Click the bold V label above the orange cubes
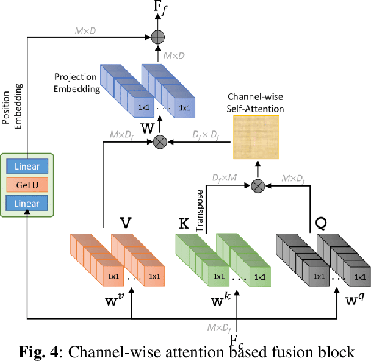tap(125, 222)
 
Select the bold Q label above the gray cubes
tap(320, 223)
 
